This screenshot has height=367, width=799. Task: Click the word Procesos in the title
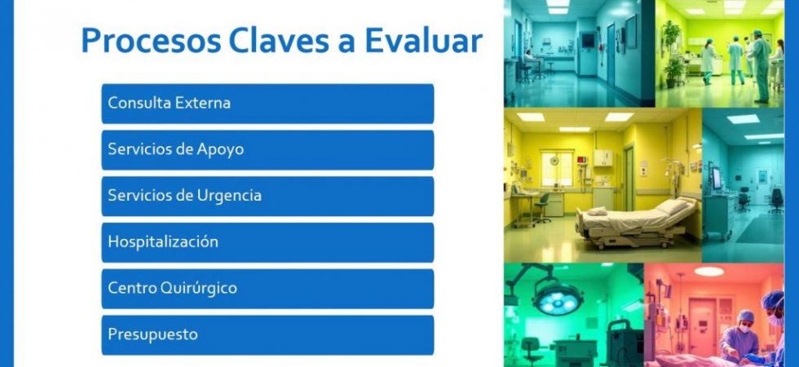pyautogui.click(x=151, y=41)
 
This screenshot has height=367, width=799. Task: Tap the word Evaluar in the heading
pyautogui.click(x=423, y=41)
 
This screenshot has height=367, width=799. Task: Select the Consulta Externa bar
pyautogui.click(x=267, y=104)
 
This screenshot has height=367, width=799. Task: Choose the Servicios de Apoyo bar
pyautogui.click(x=267, y=150)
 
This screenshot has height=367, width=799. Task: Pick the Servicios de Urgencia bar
pyautogui.click(x=267, y=197)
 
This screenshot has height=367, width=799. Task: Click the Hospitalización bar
pyautogui.click(x=267, y=243)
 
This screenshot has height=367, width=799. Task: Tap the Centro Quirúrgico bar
pyautogui.click(x=267, y=289)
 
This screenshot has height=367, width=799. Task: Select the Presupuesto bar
pyautogui.click(x=267, y=335)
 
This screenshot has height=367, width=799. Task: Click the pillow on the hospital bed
pyautogui.click(x=671, y=206)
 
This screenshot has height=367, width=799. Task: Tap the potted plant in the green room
pyautogui.click(x=673, y=54)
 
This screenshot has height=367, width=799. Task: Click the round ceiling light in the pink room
pyautogui.click(x=709, y=272)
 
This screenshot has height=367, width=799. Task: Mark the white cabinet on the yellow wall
pyautogui.click(x=603, y=158)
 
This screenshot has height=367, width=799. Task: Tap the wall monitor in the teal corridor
pyautogui.click(x=588, y=40)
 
